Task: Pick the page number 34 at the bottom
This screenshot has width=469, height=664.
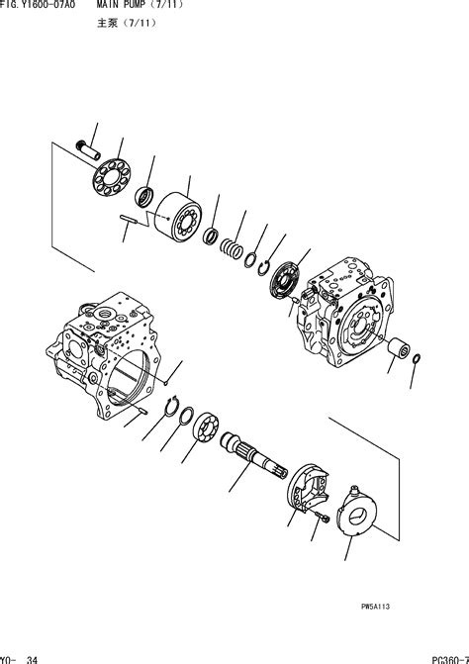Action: (x=33, y=657)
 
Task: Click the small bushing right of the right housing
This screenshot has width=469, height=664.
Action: (x=398, y=350)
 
